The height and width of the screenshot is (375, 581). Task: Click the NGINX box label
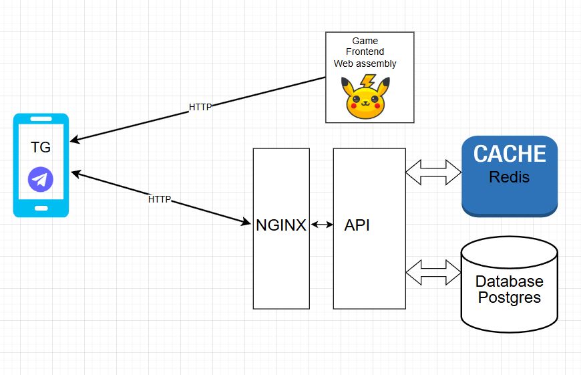(281, 225)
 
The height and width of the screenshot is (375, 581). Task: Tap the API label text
(357, 225)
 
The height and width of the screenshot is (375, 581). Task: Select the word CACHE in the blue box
(510, 154)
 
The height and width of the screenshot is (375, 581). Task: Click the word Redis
(510, 178)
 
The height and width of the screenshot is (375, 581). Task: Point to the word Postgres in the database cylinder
(509, 297)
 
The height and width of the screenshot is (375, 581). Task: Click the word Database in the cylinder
(509, 281)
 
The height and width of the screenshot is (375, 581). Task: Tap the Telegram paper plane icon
(41, 179)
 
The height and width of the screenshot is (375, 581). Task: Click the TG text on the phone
(41, 148)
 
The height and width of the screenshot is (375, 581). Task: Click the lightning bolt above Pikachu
(367, 82)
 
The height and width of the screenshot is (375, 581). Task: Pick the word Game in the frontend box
(365, 41)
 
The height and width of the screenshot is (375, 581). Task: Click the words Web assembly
(365, 64)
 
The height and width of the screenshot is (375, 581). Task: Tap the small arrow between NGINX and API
(321, 225)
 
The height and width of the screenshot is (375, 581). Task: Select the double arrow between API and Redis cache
(433, 172)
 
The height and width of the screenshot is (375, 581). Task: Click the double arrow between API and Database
(433, 272)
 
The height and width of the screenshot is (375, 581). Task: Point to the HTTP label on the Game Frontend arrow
(200, 107)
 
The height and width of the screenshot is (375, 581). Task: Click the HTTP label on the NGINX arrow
(159, 199)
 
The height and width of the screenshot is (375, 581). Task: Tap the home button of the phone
(41, 208)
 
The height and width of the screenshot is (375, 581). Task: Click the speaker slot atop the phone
(41, 120)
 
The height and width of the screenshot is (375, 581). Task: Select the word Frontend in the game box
(365, 53)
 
